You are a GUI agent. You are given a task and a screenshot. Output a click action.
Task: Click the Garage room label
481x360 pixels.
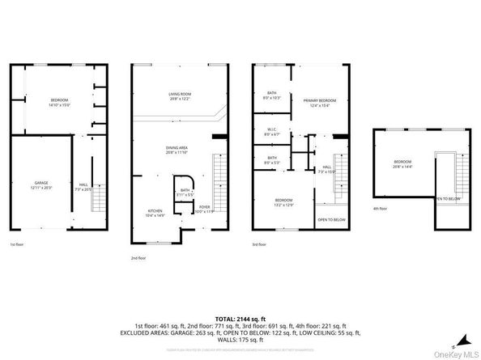pyautogui.click(x=41, y=185)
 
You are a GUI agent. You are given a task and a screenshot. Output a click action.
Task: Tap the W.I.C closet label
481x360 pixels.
pyautogui.click(x=272, y=131)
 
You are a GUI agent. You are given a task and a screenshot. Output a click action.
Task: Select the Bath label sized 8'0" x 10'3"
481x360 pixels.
pyautogui.click(x=272, y=95)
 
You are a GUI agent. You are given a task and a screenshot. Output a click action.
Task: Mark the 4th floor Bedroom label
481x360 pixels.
pyautogui.click(x=402, y=164)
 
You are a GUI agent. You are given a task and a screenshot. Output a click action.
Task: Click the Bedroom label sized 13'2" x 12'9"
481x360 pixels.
pyautogui.click(x=283, y=202)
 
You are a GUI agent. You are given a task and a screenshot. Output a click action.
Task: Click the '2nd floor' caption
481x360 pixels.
pyautogui.click(x=138, y=258)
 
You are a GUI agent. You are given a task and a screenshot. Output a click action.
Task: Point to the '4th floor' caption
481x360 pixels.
pyautogui.click(x=380, y=209)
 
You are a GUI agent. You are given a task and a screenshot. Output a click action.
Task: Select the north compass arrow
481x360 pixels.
pyautogui.click(x=466, y=337)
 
